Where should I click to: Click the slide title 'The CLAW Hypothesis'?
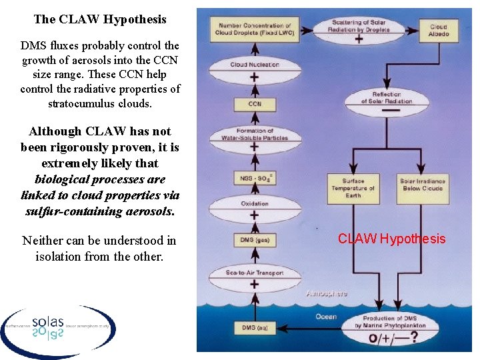pyautogui.click(x=100, y=19)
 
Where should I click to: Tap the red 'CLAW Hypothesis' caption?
pyautogui.click(x=391, y=239)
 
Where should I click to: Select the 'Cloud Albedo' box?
pyautogui.click(x=438, y=29)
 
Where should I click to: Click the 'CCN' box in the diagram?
pyautogui.click(x=254, y=104)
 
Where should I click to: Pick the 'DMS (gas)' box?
pyautogui.click(x=254, y=239)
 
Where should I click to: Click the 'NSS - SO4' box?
pyautogui.click(x=254, y=178)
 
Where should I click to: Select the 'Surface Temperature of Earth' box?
pyautogui.click(x=353, y=188)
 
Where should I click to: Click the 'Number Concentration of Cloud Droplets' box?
pyautogui.click(x=254, y=29)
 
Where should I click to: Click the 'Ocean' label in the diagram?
pyautogui.click(x=325, y=316)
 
